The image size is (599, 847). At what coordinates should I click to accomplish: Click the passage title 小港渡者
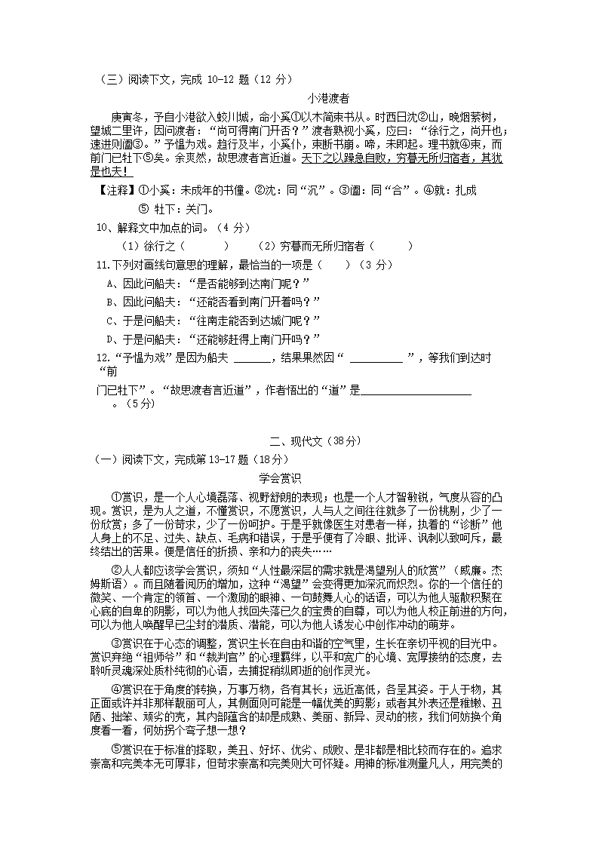(328, 98)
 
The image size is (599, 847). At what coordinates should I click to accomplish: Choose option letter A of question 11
(111, 283)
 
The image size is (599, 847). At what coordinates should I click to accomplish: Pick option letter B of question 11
(111, 302)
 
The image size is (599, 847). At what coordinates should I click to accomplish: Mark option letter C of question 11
(111, 321)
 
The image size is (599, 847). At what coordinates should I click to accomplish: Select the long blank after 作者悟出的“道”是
(416, 391)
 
